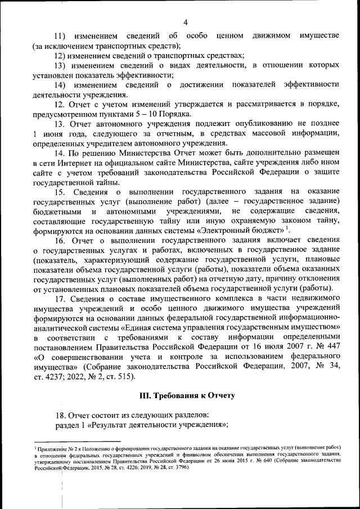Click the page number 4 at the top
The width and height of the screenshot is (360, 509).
(x=185, y=22)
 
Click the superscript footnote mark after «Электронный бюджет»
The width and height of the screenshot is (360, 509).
(x=286, y=228)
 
